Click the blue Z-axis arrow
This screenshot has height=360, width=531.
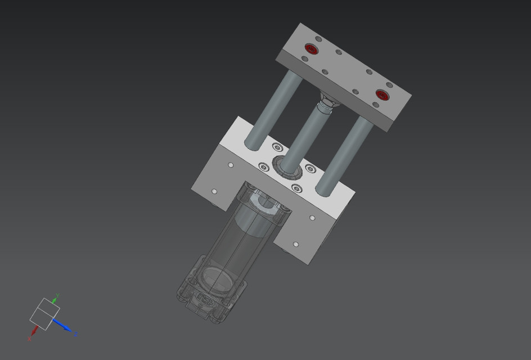click(x=64, y=326)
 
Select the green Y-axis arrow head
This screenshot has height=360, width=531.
click(x=54, y=299)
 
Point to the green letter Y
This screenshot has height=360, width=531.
click(x=58, y=294)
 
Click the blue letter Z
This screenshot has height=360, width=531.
click(x=76, y=334)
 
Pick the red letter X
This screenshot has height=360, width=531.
click(x=29, y=339)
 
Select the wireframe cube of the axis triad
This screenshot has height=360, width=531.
click(x=44, y=314)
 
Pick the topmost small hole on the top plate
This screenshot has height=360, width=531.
click(x=318, y=39)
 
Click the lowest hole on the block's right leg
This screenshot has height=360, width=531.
click(x=296, y=244)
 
